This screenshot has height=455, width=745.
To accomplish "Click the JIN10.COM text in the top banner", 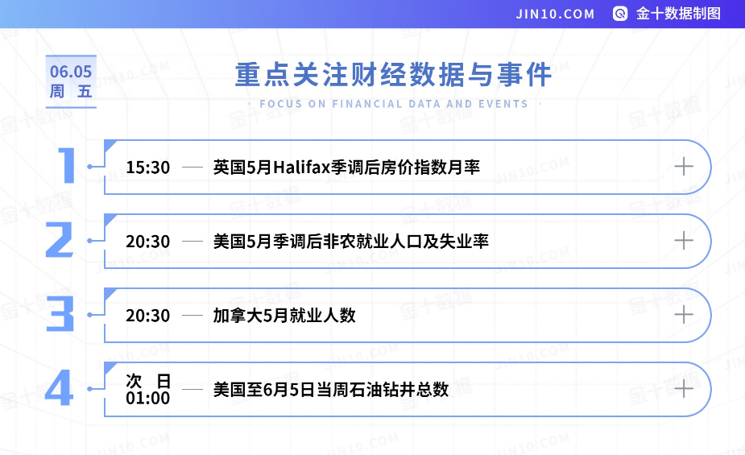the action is (555, 14).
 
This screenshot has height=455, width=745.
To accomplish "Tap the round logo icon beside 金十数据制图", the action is (620, 14).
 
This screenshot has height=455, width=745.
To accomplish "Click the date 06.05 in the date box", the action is (71, 72).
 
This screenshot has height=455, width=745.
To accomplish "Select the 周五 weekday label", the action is (71, 91).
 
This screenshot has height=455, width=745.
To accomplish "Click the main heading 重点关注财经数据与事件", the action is (393, 75).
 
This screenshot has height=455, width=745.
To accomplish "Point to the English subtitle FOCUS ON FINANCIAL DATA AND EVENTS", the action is (394, 104).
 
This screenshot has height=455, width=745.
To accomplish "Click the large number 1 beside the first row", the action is (67, 165).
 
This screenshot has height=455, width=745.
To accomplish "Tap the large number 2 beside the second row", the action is (60, 240).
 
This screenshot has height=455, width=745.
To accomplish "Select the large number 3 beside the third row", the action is (60, 313).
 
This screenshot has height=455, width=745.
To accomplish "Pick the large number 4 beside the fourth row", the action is (59, 387).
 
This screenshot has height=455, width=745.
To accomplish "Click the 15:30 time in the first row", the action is (147, 168).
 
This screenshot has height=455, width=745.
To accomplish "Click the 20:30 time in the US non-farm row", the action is (147, 242).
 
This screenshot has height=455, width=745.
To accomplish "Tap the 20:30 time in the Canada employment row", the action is (147, 316).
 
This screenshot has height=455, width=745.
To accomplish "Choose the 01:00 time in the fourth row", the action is (147, 399).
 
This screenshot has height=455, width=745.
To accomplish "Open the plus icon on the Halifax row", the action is (684, 166).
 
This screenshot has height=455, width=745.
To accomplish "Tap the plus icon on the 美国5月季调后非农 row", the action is (684, 240).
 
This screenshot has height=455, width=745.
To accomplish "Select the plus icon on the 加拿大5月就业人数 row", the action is (684, 314).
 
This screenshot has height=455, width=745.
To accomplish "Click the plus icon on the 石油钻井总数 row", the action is (684, 388).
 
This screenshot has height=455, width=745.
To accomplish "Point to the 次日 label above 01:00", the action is (147, 381).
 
